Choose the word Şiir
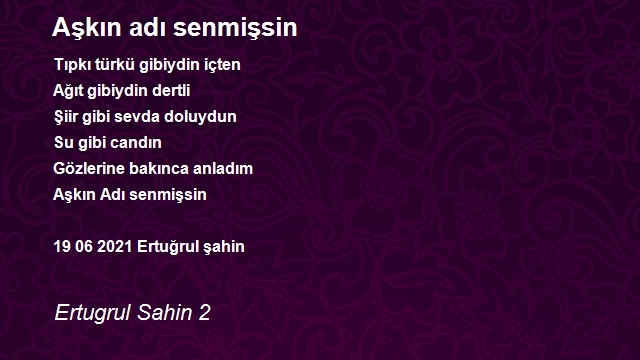tap(66, 117)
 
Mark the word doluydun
tap(200, 117)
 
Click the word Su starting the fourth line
tap(63, 143)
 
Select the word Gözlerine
tap(89, 169)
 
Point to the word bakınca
tap(158, 169)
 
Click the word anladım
tap(222, 169)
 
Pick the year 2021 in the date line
tap(115, 247)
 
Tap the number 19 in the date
tap(62, 247)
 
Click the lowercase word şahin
tap(224, 247)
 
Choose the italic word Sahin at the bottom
tap(165, 313)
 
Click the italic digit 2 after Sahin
tap(204, 313)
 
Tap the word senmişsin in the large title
tap(235, 28)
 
